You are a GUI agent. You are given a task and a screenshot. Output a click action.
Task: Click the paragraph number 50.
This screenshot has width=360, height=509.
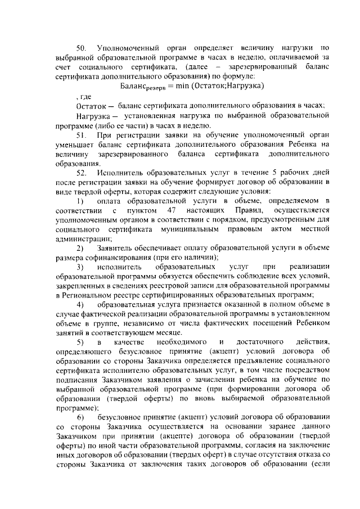[x=81, y=47]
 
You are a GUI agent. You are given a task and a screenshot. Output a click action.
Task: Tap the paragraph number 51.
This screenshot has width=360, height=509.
[x=81, y=136]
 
